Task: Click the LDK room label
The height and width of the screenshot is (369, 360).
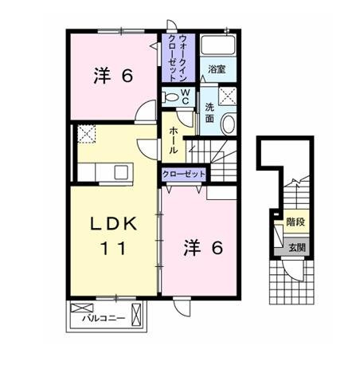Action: click(114, 224)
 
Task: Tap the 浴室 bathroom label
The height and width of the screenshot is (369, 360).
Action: click(217, 69)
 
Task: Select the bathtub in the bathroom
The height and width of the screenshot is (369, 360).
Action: click(218, 45)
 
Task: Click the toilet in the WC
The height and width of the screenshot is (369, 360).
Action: click(170, 97)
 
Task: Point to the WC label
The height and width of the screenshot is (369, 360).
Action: click(186, 96)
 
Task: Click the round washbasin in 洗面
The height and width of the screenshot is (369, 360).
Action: click(229, 124)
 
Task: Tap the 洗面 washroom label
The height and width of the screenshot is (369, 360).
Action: click(209, 113)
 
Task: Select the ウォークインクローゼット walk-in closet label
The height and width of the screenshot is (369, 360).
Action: click(178, 57)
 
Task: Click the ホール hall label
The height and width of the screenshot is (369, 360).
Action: click(173, 140)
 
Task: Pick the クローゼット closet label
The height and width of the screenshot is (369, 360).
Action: click(184, 175)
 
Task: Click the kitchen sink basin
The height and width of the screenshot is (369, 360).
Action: click(121, 172)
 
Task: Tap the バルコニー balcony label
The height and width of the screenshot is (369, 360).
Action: click(104, 318)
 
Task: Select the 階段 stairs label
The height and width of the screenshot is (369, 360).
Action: click(295, 222)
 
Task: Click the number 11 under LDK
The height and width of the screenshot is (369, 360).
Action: click(113, 249)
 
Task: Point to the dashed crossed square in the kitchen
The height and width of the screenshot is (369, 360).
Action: click(87, 134)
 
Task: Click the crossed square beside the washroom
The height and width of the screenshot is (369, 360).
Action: click(228, 96)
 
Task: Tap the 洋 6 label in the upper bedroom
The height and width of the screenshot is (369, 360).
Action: click(113, 76)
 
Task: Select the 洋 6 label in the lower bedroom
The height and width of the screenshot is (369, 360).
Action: click(203, 248)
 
